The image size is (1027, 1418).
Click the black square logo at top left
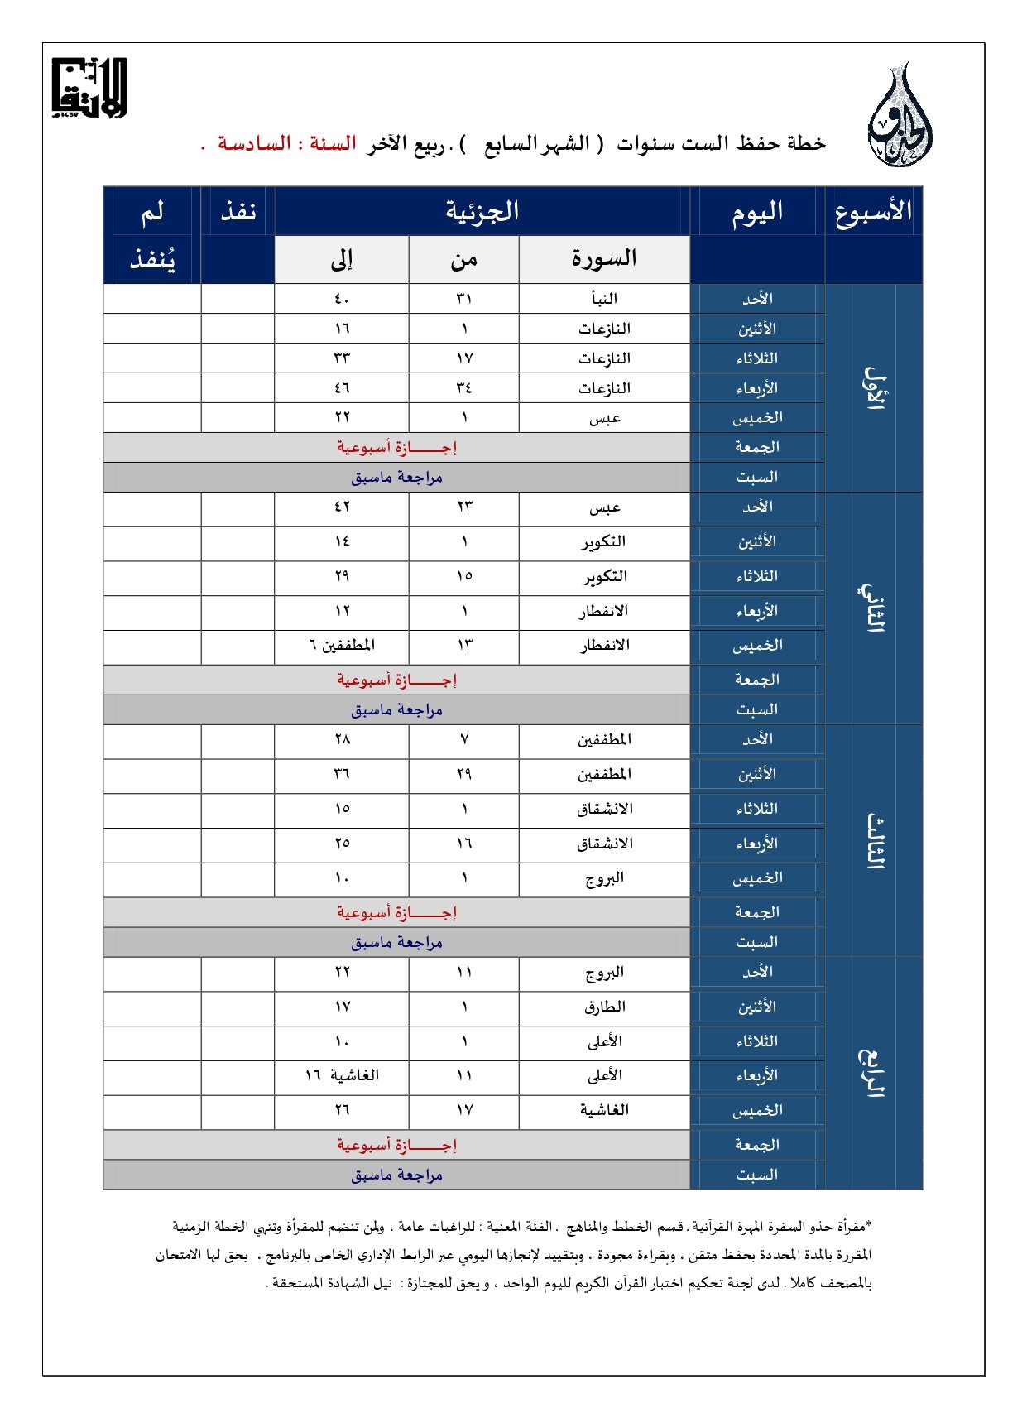tap(89, 88)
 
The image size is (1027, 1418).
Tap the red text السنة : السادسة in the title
tap(286, 144)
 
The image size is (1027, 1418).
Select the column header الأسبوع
tap(873, 212)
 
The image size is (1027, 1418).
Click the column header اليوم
tap(756, 212)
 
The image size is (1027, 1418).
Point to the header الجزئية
tap(482, 211)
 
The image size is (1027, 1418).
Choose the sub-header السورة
tap(604, 259)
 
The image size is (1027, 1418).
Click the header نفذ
tap(238, 212)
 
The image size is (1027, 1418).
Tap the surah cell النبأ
tap(604, 299)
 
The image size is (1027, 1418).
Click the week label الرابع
tap(873, 1073)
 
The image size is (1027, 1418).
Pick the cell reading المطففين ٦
tap(342, 645)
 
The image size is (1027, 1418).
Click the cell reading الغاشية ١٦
tap(342, 1075)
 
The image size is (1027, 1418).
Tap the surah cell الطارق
tap(604, 1007)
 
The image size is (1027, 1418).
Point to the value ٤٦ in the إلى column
tap(342, 388)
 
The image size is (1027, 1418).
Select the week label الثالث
tap(873, 840)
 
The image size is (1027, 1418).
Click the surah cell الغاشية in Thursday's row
tap(604, 1110)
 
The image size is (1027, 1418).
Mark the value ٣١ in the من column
tap(464, 299)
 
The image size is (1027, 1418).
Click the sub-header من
tap(464, 260)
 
